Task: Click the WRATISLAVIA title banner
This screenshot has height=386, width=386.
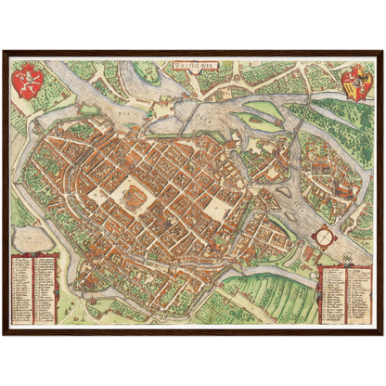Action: (x=192, y=66)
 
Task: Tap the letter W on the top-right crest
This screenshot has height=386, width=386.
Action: (x=356, y=84)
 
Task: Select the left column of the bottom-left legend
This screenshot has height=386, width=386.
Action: (x=23, y=288)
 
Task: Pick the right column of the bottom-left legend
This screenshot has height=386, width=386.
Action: (x=45, y=288)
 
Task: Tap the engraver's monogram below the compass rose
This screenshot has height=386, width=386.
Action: (x=323, y=259)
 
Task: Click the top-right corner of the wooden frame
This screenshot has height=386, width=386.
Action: (x=380, y=50)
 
